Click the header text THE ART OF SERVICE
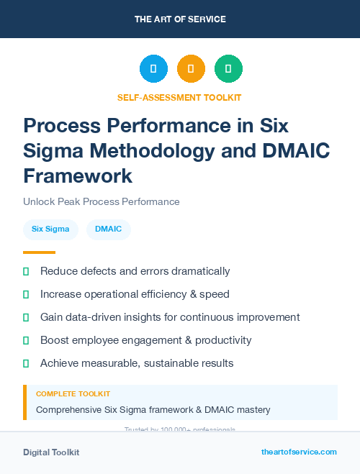click(x=179, y=19)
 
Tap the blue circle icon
click(x=153, y=68)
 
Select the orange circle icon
click(x=191, y=68)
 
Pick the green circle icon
click(x=228, y=68)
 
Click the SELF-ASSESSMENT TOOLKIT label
click(x=179, y=97)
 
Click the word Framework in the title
click(x=78, y=176)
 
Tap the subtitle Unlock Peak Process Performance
click(x=102, y=201)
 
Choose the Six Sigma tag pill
click(x=50, y=229)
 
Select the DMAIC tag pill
click(x=108, y=229)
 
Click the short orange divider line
click(x=39, y=252)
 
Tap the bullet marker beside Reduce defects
click(x=26, y=272)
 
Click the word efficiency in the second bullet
click(x=167, y=294)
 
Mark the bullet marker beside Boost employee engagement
click(x=26, y=340)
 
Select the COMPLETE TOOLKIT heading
click(x=73, y=394)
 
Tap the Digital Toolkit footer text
click(x=51, y=452)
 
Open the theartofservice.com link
click(x=299, y=452)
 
